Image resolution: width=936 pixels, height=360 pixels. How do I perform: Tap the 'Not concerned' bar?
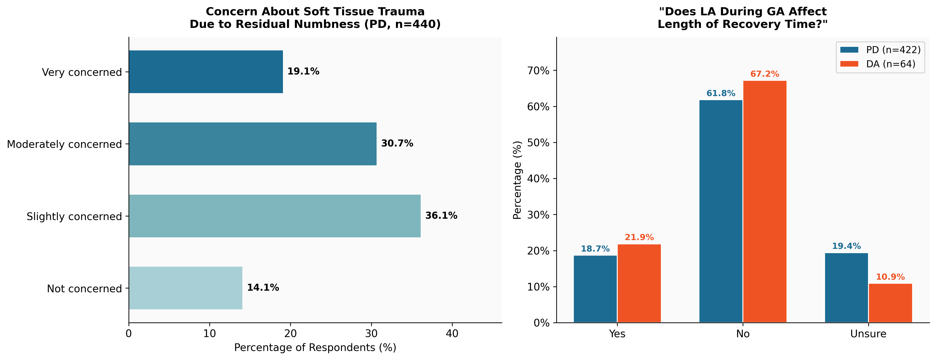[185, 288]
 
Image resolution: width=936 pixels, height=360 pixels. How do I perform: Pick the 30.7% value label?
[397, 144]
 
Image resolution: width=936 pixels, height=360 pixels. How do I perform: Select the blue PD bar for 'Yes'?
[595, 289]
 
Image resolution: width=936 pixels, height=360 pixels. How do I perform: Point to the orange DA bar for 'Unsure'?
[890, 303]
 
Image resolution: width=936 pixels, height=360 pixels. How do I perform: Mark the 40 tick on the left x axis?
[452, 333]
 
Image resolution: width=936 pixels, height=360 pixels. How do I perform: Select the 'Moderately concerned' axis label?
[64, 144]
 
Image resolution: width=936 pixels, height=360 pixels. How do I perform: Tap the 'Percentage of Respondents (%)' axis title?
[315, 348]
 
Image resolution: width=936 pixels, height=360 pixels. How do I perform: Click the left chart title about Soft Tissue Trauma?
[315, 18]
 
